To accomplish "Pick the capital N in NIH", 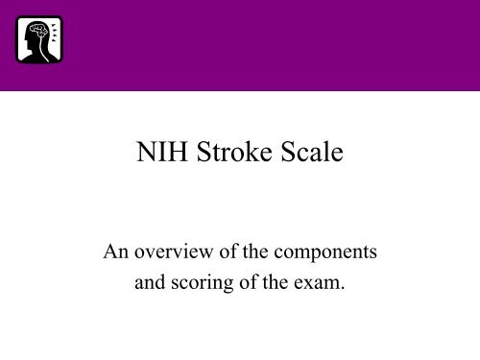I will click(142, 153).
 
